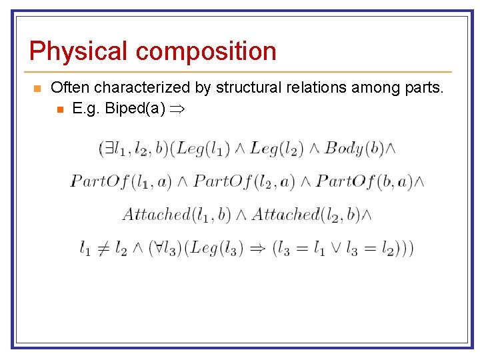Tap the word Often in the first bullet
[x=70, y=87]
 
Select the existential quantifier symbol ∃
[x=110, y=148]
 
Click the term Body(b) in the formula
[x=354, y=148]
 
